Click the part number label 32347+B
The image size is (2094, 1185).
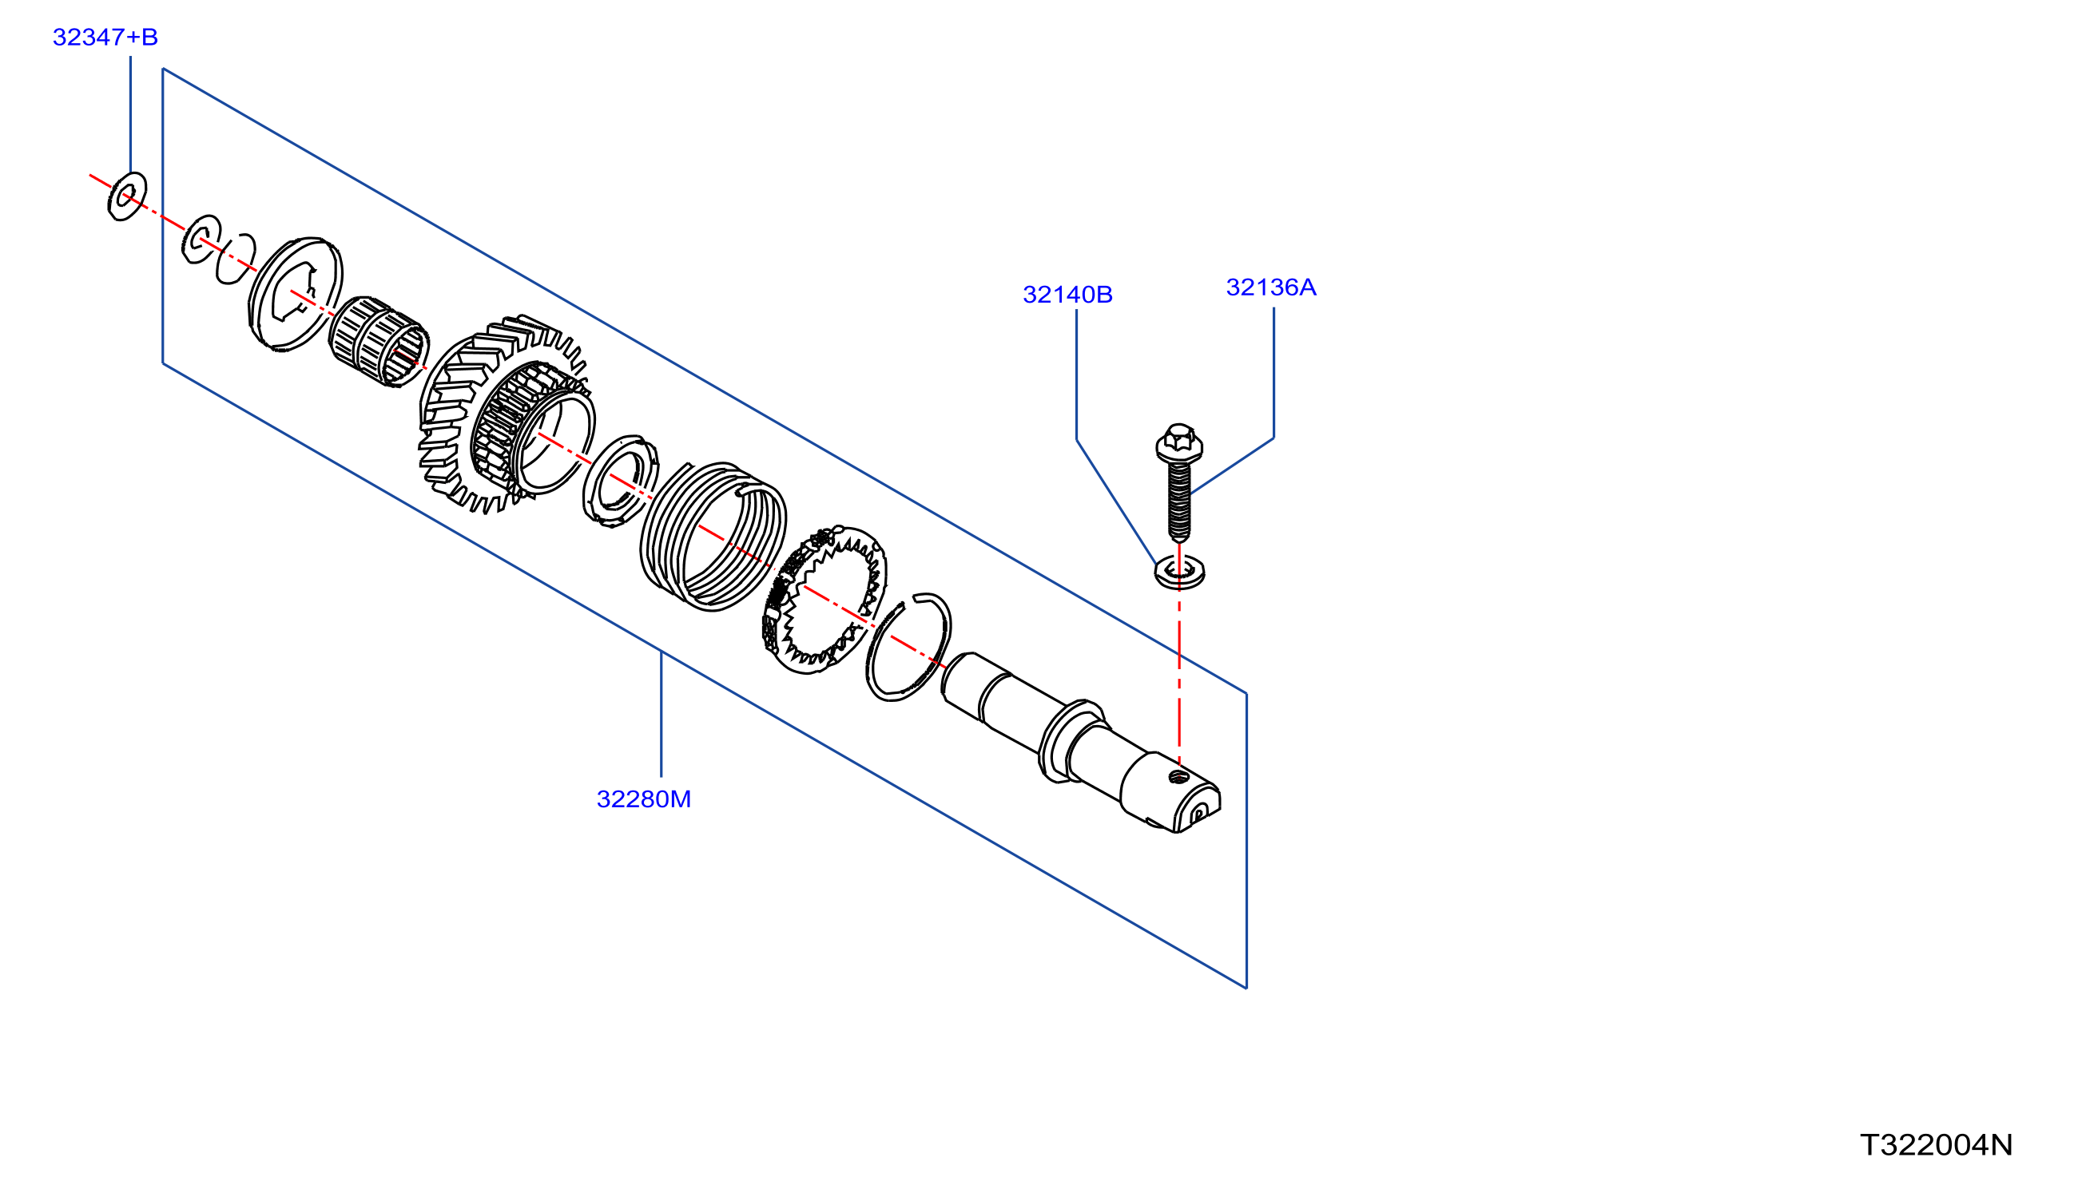[105, 38]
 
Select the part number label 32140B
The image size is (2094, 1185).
[1067, 295]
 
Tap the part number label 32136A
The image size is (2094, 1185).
[1271, 287]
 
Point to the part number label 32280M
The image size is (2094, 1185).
[644, 799]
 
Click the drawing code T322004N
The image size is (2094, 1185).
[1936, 1145]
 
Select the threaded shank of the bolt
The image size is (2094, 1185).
[1179, 501]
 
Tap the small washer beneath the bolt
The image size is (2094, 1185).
[1180, 572]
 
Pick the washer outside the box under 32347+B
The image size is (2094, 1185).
[127, 196]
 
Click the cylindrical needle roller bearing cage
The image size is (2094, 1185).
[379, 342]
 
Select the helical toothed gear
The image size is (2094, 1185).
[505, 414]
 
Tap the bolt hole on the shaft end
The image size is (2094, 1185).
[1179, 777]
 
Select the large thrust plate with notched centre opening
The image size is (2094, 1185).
[296, 295]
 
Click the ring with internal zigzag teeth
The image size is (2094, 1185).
[824, 600]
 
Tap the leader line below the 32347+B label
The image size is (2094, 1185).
[130, 114]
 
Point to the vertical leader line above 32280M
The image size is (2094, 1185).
[661, 714]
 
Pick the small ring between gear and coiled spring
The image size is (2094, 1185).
[622, 481]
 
